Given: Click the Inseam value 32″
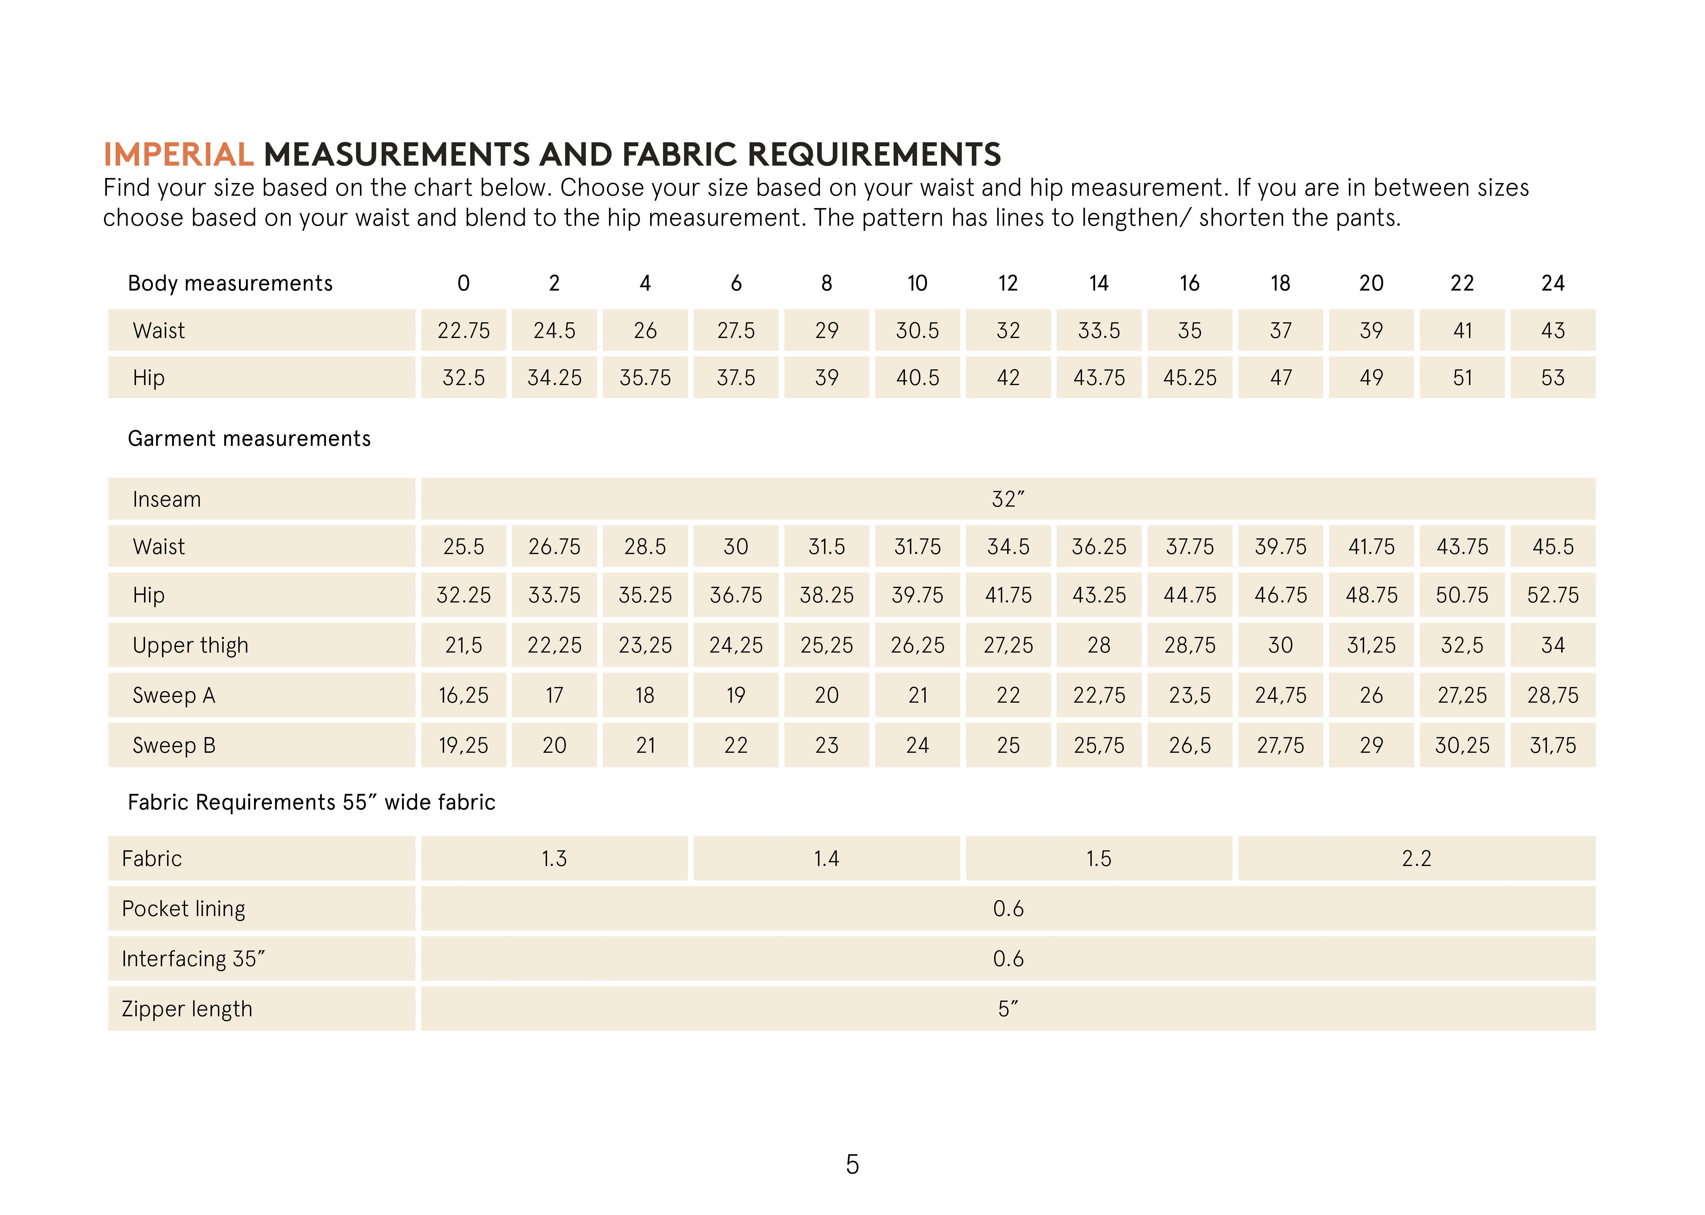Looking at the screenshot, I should coord(1008,499).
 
